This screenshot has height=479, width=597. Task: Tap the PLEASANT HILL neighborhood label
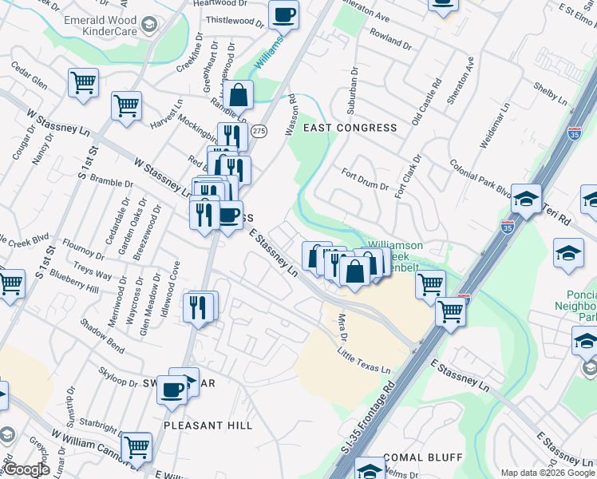tap(208, 426)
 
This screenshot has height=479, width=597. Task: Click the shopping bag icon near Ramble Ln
tap(238, 95)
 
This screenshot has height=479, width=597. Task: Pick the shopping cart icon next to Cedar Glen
tap(83, 82)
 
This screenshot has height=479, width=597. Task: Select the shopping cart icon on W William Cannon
tap(136, 448)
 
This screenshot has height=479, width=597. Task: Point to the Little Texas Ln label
tap(364, 360)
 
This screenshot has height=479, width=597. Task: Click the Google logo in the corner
tap(27, 470)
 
